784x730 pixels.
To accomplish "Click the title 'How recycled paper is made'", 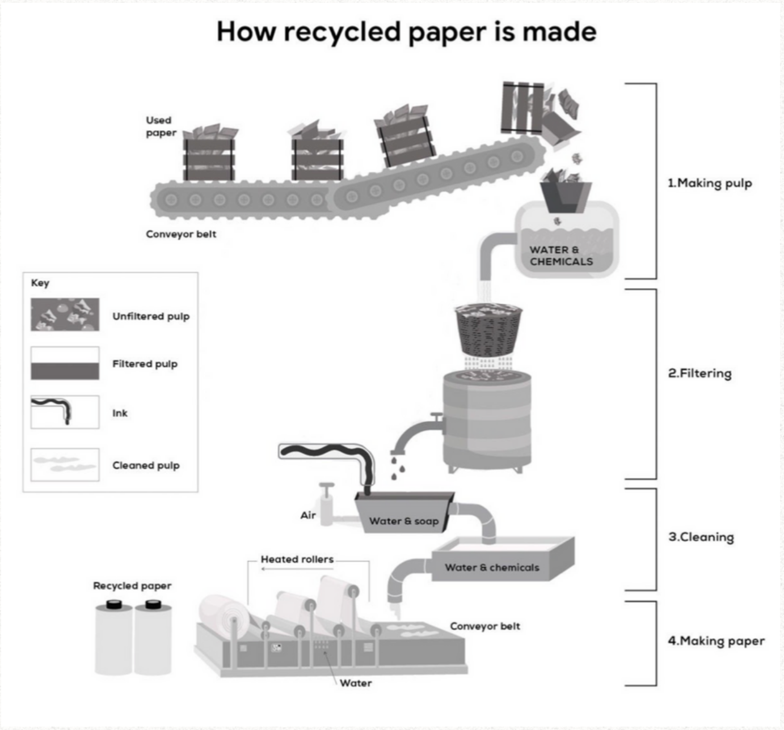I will click(x=406, y=32).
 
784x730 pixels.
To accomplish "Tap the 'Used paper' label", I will click(x=161, y=126).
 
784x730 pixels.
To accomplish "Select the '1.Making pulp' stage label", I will click(x=710, y=183).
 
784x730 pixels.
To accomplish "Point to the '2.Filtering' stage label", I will click(x=700, y=374).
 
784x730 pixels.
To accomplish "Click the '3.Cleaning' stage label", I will click(x=701, y=537).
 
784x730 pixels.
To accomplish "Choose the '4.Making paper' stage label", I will click(x=716, y=641).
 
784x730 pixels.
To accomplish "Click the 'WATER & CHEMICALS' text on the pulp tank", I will click(x=560, y=256).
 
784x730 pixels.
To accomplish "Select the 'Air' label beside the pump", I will click(x=308, y=515).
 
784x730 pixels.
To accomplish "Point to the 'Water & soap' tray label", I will click(x=403, y=521).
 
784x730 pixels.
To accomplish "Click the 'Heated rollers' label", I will click(x=297, y=559).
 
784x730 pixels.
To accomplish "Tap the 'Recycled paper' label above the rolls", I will click(x=132, y=586).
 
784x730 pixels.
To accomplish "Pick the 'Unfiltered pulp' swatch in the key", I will click(x=65, y=315).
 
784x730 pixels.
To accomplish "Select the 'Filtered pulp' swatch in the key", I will click(x=65, y=363).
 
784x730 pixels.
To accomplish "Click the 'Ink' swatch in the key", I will click(x=65, y=412).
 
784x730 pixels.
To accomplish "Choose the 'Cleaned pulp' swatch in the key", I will click(x=65, y=464).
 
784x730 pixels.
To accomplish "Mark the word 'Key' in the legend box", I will click(x=40, y=283).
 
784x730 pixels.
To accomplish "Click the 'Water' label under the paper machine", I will click(x=356, y=683).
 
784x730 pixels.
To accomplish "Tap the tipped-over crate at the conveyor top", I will click(x=523, y=108).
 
